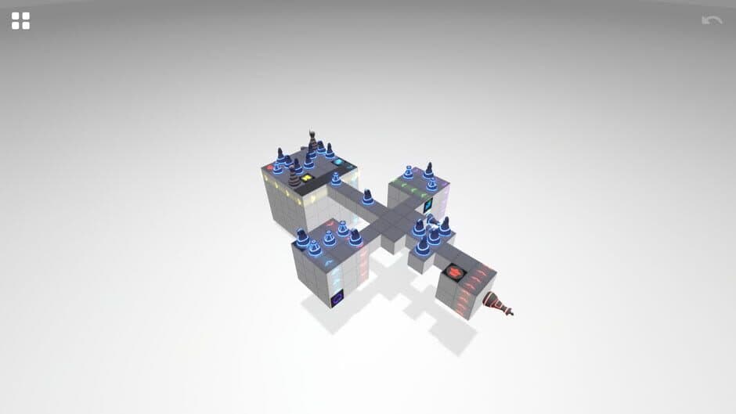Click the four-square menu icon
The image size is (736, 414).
[20, 21]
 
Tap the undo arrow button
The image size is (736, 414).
[712, 20]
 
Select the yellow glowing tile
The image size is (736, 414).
[306, 178]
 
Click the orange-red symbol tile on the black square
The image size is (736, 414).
[453, 272]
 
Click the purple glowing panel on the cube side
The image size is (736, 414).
[338, 298]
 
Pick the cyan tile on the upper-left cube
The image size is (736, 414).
[338, 163]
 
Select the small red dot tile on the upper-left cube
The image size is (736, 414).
[270, 167]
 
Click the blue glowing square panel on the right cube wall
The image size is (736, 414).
[428, 207]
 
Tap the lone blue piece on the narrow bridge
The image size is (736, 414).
[367, 196]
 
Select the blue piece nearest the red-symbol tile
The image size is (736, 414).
[424, 245]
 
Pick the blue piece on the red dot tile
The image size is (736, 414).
[278, 164]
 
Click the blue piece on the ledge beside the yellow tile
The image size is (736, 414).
[335, 179]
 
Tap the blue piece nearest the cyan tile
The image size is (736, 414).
[329, 149]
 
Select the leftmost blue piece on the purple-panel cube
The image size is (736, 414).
[301, 238]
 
